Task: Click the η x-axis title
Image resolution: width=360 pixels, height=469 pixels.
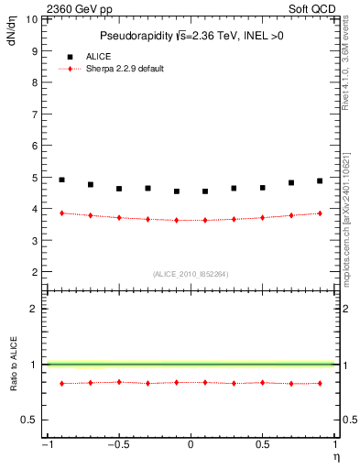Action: [x=334, y=455]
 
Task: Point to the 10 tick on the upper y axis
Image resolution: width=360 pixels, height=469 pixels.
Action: [x=33, y=18]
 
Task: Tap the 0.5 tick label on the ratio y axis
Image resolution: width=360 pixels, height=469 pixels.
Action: [x=30, y=420]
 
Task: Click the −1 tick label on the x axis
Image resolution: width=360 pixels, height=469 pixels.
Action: [x=45, y=444]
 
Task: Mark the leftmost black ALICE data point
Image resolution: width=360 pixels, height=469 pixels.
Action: [x=61, y=180]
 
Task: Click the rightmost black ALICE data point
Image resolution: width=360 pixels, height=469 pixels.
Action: [x=320, y=180]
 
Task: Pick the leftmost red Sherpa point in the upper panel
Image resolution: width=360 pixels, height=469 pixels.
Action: [x=61, y=213]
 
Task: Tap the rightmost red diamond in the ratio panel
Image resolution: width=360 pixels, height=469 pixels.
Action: [x=320, y=383]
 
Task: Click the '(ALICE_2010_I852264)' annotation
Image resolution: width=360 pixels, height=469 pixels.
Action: [x=191, y=273]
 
